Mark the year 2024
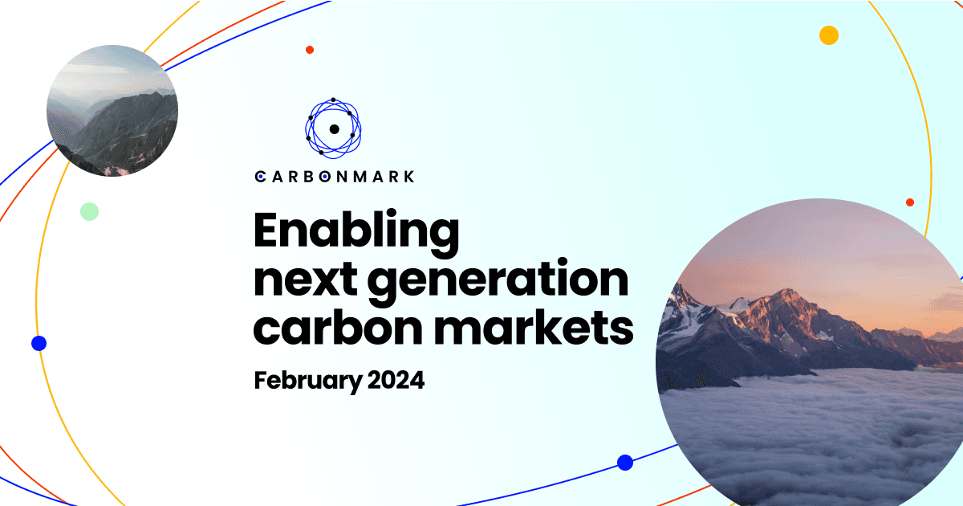[x=396, y=380]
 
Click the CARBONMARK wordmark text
[x=335, y=176]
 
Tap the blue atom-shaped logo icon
[x=334, y=127]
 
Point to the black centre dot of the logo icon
[x=334, y=129]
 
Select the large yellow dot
[x=829, y=35]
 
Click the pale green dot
[x=89, y=211]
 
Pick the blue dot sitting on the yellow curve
[x=39, y=343]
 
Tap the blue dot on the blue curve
[x=625, y=463]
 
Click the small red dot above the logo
[x=310, y=50]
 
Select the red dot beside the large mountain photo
[x=909, y=202]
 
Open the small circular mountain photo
[x=112, y=110]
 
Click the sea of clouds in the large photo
[x=811, y=434]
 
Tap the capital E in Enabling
[x=269, y=232]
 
